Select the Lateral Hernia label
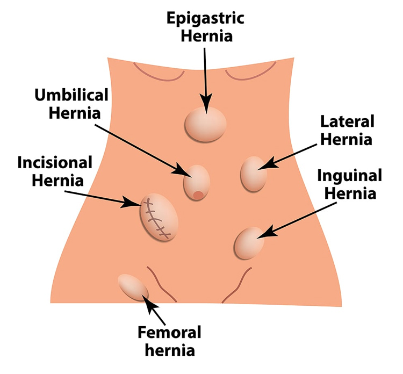[346, 130]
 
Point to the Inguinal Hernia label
[349, 184]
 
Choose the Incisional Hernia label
[55, 170]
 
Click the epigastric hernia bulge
[205, 124]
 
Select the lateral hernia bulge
[253, 173]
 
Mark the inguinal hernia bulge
[249, 243]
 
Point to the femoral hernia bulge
[132, 286]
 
